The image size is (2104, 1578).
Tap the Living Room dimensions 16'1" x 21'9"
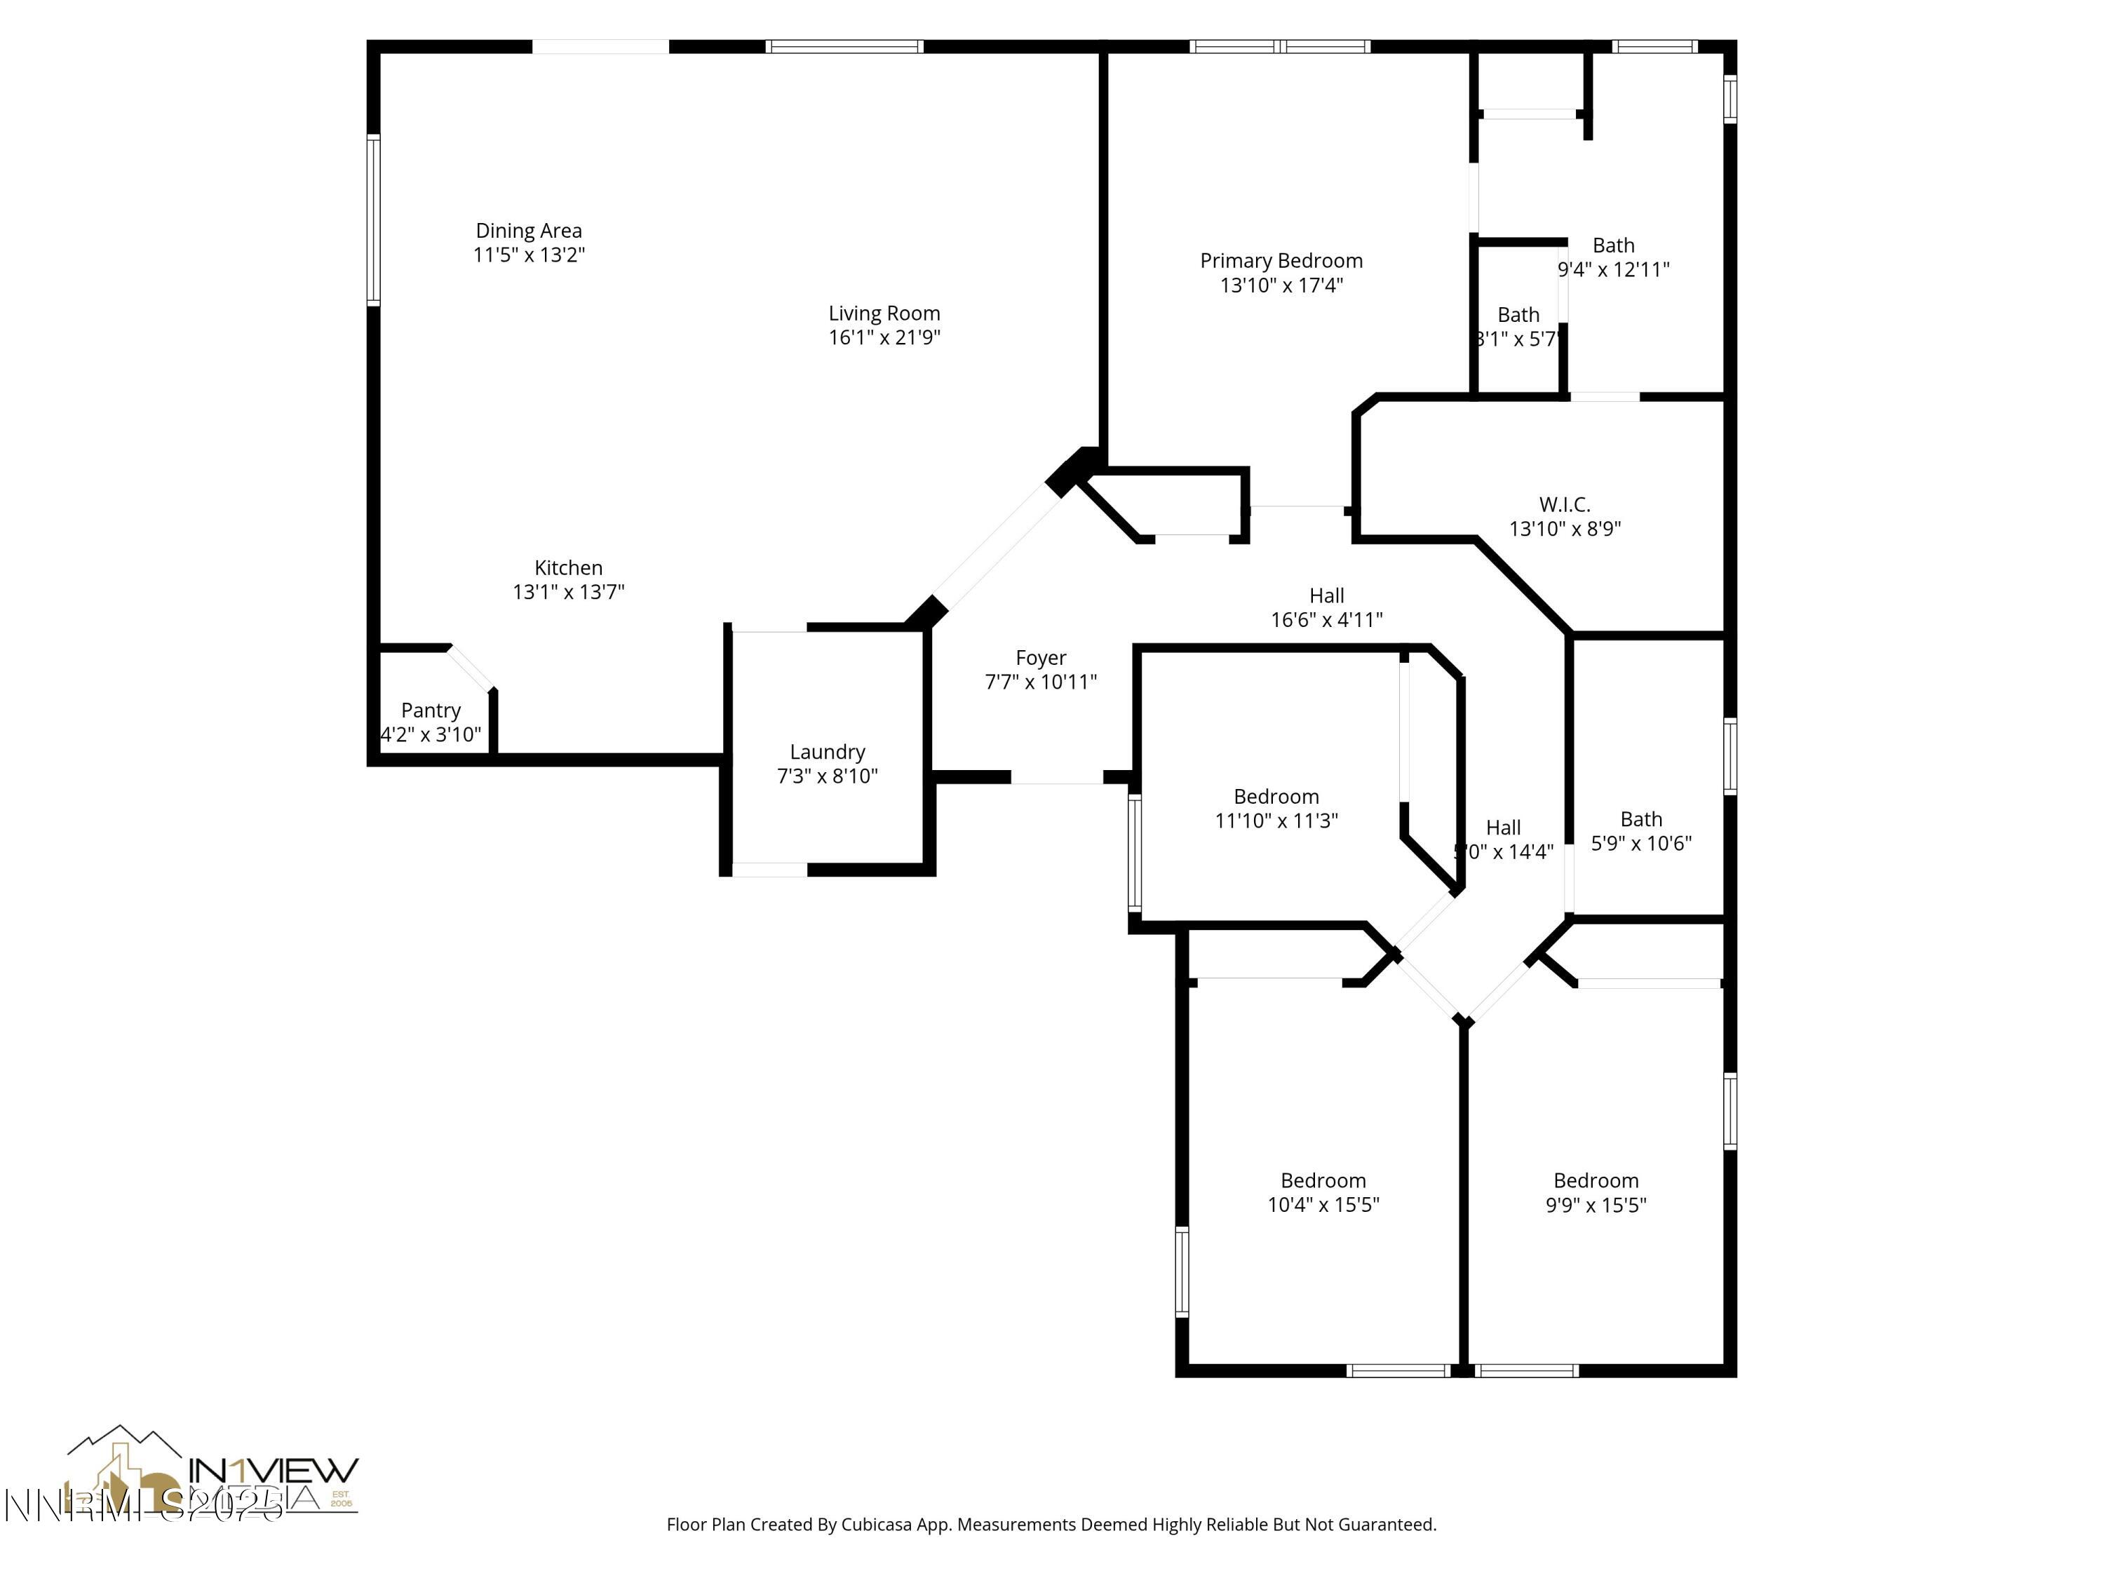coord(884,337)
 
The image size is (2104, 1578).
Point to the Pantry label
coord(431,710)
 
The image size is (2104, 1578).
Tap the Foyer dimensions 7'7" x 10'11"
coord(1041,682)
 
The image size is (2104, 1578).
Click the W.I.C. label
coord(1564,505)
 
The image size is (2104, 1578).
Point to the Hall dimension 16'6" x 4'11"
coord(1326,620)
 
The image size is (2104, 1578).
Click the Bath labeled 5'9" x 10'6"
coord(1641,820)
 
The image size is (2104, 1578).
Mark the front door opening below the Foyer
coord(1056,778)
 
